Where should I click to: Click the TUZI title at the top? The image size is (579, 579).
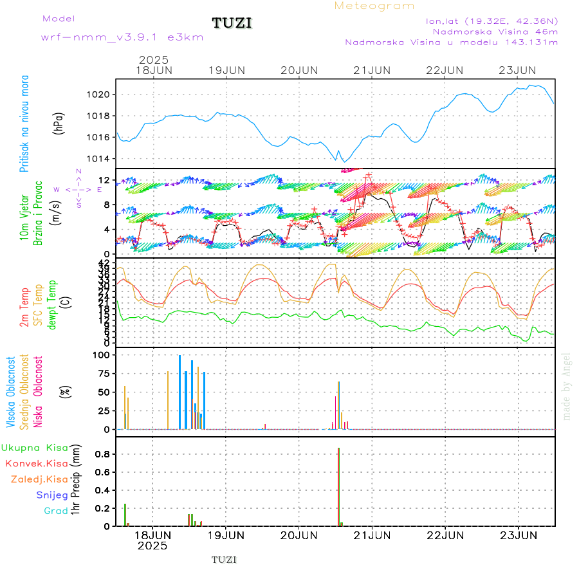232,24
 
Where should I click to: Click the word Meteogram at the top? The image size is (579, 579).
374,6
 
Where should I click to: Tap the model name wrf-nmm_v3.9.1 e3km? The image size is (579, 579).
122,37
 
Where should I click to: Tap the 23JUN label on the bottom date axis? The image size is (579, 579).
519,535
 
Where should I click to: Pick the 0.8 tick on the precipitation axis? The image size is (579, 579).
103,454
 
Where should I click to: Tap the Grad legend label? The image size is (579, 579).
55,511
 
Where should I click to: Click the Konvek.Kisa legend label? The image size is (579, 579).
36,463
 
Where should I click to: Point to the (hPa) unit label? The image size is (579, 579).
59,123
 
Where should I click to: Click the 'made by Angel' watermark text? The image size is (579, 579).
567,386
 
